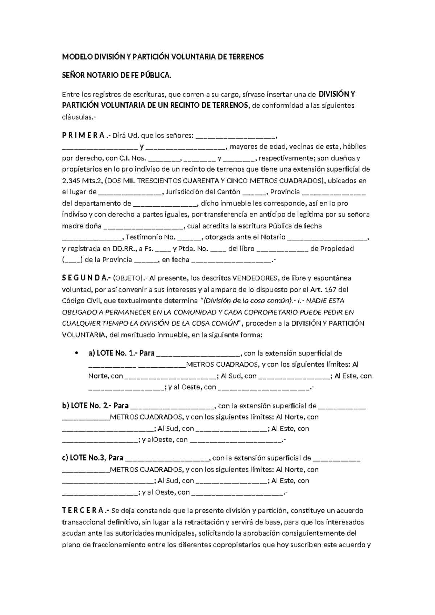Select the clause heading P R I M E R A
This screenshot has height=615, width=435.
(84, 136)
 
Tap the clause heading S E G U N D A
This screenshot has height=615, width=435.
(86, 278)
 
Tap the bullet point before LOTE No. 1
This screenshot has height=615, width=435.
(76, 354)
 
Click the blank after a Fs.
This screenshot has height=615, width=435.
(163, 249)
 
